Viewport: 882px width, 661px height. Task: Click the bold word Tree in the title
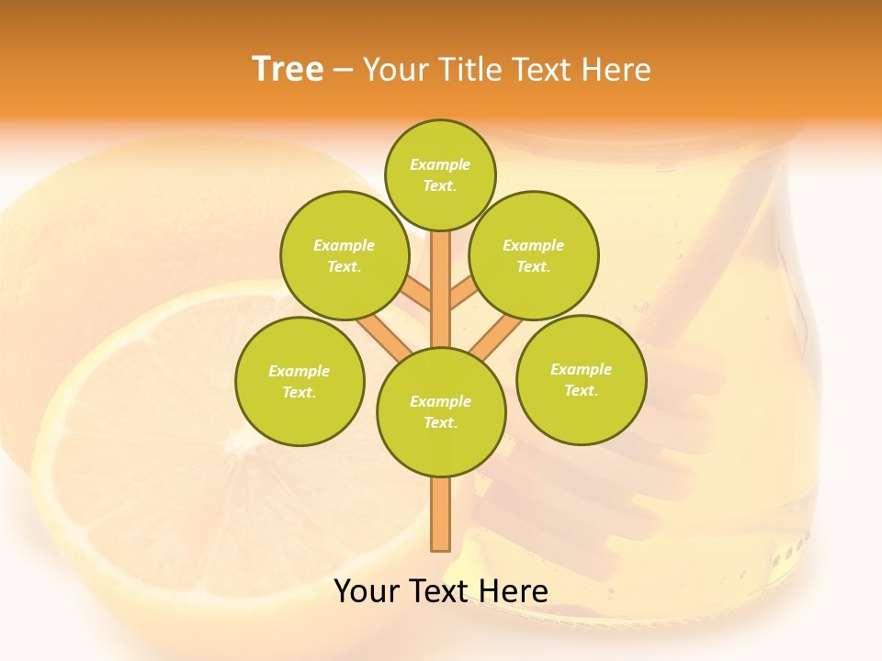[x=288, y=70]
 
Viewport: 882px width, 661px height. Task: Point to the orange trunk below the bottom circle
[x=441, y=514]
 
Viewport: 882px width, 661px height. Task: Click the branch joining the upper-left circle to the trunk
[x=415, y=296]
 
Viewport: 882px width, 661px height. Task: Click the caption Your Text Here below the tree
[x=441, y=591]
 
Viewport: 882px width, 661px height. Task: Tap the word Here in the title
[x=621, y=70]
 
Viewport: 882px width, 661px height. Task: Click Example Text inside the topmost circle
[x=440, y=174]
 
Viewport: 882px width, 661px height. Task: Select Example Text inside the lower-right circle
[x=581, y=379]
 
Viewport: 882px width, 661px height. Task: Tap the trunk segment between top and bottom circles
[x=441, y=289]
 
